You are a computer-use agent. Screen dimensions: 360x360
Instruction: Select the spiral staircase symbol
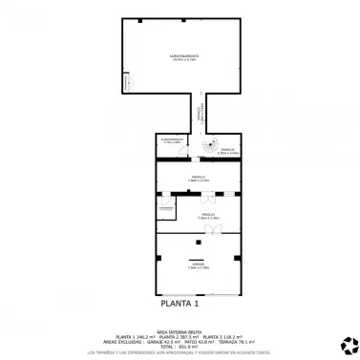(x=210, y=147)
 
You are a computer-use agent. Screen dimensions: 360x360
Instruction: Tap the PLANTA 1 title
(x=180, y=305)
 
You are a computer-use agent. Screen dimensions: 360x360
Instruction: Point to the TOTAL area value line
(x=180, y=345)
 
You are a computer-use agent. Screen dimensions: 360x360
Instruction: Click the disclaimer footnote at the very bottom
(x=180, y=352)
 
